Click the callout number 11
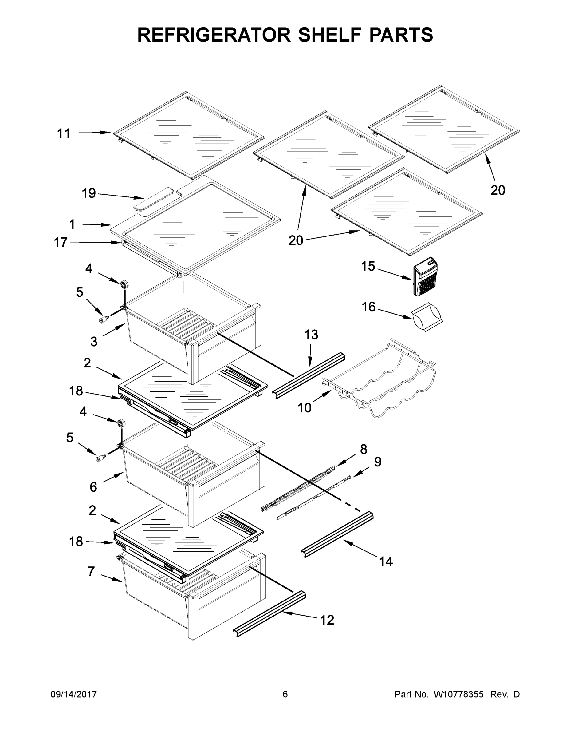tap(64, 134)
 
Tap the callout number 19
tap(89, 194)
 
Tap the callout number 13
tap(311, 335)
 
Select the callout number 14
tap(386, 561)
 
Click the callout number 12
tap(327, 620)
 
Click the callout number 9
tap(378, 462)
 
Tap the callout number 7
tap(91, 571)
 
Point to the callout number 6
tap(93, 487)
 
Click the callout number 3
tap(94, 342)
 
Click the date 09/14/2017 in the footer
tap(74, 694)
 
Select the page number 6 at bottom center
tap(285, 694)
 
